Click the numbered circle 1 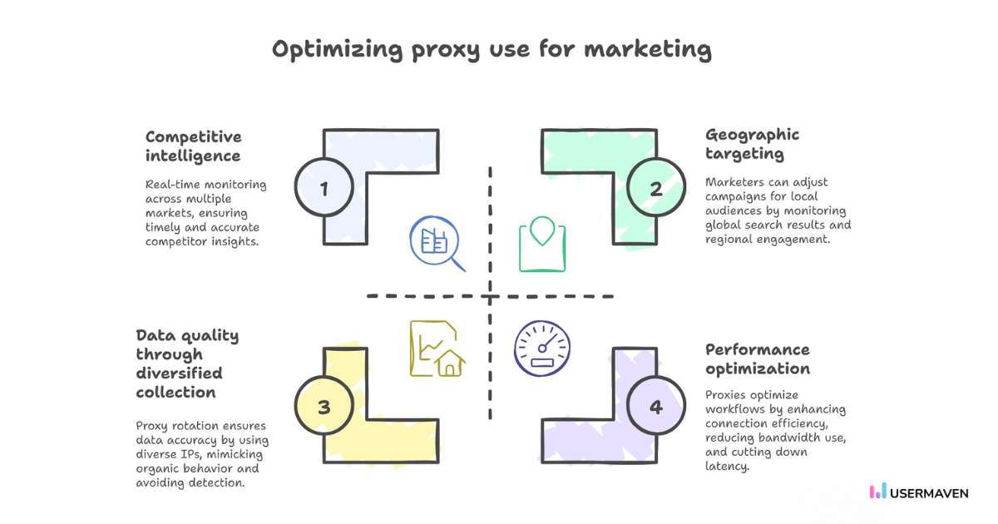click(x=324, y=187)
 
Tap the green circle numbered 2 click(x=656, y=187)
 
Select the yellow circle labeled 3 click(x=324, y=406)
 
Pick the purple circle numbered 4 click(x=656, y=406)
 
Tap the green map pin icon click(x=542, y=245)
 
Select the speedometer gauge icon click(x=542, y=349)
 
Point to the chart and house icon click(x=437, y=349)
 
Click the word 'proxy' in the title click(x=446, y=51)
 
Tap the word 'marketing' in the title click(x=648, y=49)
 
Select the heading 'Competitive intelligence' click(x=193, y=146)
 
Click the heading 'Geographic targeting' click(x=752, y=144)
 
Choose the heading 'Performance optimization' click(x=758, y=359)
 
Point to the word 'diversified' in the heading click(x=179, y=373)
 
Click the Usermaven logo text click(x=929, y=493)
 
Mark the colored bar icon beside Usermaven click(x=877, y=491)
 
